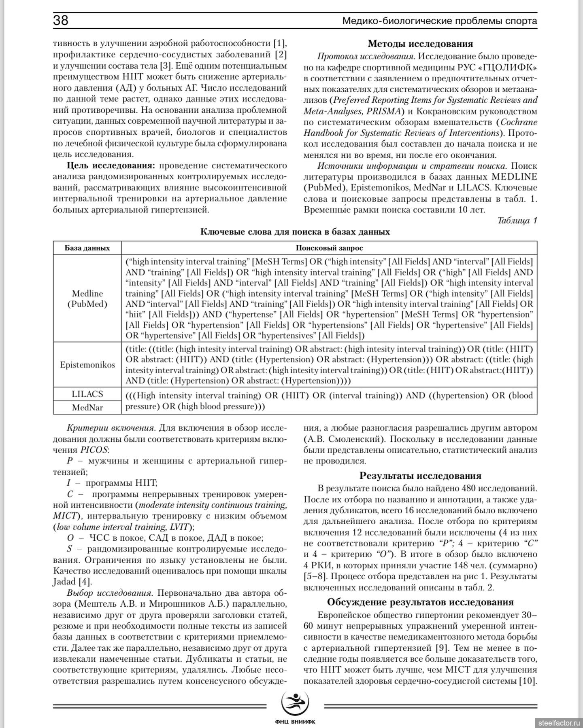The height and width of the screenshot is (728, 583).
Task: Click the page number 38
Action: (x=61, y=20)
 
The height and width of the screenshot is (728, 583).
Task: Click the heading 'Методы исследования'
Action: (x=420, y=44)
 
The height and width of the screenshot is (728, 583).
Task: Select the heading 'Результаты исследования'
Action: (x=420, y=476)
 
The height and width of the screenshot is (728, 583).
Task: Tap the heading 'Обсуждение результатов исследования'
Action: (x=420, y=602)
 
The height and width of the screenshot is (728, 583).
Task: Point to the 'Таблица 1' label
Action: (x=517, y=220)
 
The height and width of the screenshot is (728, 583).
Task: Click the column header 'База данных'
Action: (x=87, y=248)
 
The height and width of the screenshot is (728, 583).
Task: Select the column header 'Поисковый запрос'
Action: (x=329, y=248)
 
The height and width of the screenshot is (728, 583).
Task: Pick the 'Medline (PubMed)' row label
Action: (x=87, y=299)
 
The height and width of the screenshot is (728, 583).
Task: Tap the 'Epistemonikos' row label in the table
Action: (x=87, y=365)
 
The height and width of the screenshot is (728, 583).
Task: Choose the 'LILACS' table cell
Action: (x=87, y=394)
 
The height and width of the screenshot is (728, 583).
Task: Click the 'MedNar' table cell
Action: (x=87, y=407)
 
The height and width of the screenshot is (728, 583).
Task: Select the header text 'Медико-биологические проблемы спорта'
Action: (x=440, y=21)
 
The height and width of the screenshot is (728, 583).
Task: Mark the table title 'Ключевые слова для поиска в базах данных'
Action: (x=295, y=232)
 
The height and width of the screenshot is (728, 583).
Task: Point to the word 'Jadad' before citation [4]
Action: (x=64, y=582)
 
